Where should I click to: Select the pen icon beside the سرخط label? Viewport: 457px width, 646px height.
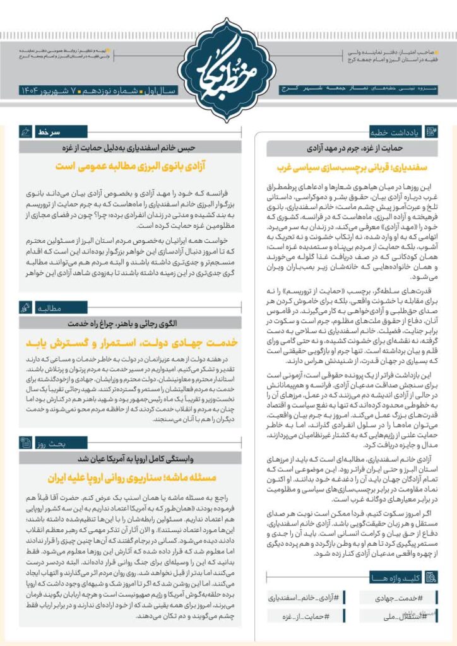[x=25, y=133]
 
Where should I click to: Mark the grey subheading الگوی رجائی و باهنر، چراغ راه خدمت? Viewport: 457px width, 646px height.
[x=130, y=324]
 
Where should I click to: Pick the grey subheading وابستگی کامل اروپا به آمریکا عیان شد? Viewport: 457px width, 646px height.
[x=130, y=459]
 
